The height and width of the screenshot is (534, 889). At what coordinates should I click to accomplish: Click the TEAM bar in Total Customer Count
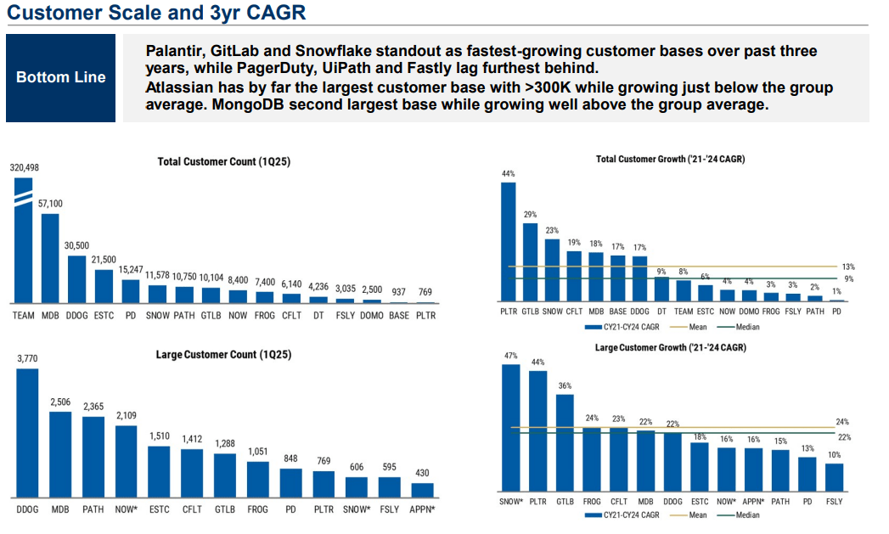coord(23,246)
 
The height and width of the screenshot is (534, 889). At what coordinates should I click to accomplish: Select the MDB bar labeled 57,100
coord(50,259)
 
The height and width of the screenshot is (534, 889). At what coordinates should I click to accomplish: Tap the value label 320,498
coord(24,169)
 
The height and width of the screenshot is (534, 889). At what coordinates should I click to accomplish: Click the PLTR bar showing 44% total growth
coord(508,242)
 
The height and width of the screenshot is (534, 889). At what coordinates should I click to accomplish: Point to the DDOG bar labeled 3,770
coord(27,433)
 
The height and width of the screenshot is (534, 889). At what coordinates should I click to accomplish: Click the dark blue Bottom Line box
coord(61,77)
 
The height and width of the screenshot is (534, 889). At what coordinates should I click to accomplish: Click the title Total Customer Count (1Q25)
coord(223,161)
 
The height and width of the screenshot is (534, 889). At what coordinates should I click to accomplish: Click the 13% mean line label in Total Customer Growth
coord(847,267)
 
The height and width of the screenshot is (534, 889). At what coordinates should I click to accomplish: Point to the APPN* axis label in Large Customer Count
coord(422,509)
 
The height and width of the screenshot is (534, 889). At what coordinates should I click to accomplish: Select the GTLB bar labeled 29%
coord(530,262)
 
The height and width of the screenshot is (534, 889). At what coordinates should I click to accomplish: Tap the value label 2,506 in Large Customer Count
coord(60,402)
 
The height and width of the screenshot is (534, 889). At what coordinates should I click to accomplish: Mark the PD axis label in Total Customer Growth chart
coord(837,312)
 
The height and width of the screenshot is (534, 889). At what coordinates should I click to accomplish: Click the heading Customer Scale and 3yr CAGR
coord(156,13)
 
